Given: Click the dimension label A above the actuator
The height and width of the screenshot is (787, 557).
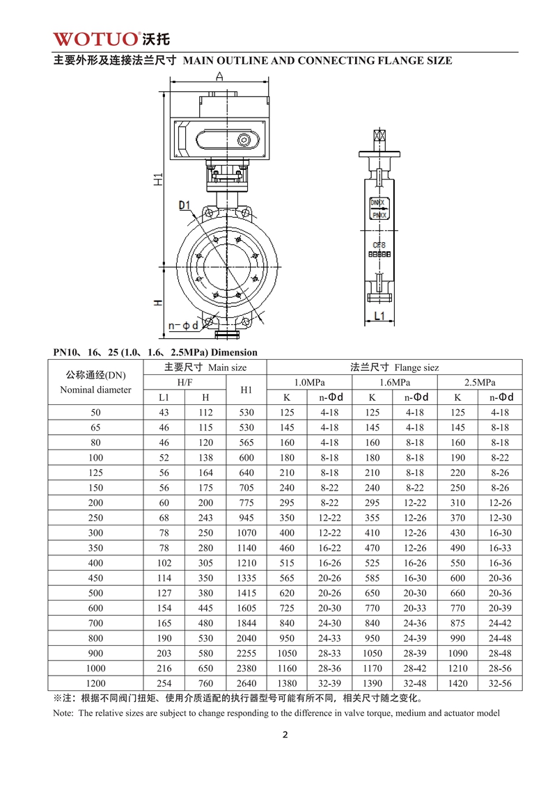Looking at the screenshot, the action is pos(220,77).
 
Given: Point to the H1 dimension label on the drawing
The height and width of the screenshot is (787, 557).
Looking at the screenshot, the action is pos(159,180).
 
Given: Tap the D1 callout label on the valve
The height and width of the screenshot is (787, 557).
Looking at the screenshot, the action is pos(185,205).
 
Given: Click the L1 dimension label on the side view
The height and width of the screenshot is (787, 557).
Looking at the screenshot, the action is pos(379,316).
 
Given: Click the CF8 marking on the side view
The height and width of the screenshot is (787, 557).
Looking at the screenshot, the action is pos(379,245).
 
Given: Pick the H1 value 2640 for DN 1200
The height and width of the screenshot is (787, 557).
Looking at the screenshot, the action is pos(246,683).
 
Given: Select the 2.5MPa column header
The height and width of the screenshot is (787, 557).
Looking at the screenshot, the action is pos(479,382).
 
